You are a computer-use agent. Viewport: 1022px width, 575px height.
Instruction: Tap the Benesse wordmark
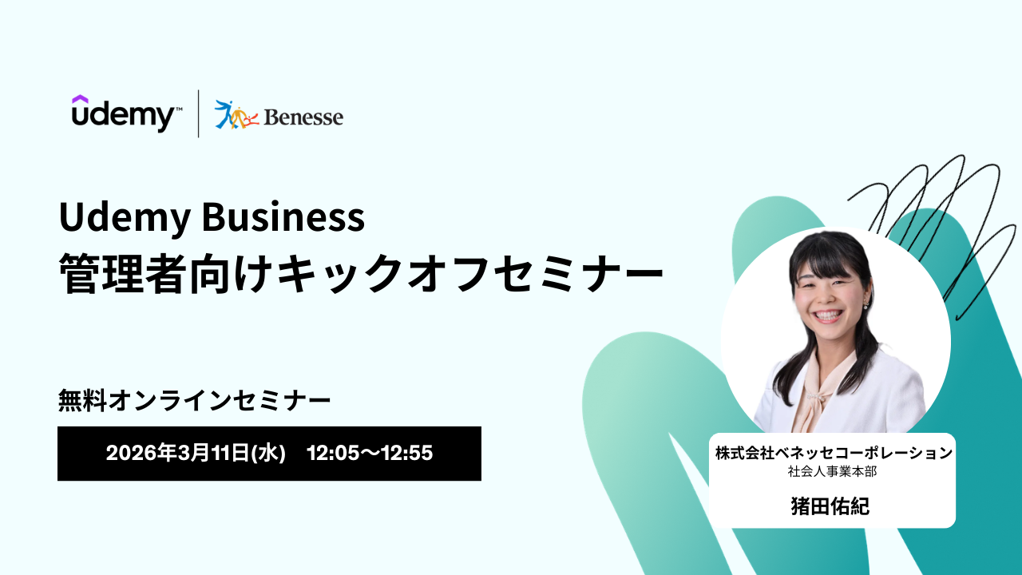pos(303,117)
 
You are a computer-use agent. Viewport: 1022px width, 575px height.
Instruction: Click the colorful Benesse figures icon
pos(236,114)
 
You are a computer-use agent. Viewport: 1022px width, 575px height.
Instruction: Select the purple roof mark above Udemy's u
pos(80,99)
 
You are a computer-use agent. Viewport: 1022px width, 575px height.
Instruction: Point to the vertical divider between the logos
pos(199,113)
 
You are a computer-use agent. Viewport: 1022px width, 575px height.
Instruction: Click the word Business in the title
pos(283,216)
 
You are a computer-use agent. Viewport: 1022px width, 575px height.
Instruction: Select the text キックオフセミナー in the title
pos(470,273)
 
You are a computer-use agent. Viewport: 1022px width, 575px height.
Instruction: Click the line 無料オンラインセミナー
pos(194,400)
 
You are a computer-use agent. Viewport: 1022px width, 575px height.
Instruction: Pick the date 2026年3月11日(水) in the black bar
pos(196,453)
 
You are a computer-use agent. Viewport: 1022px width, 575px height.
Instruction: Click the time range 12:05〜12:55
pos(370,453)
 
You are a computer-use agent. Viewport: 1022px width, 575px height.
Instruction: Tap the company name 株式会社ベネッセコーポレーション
pos(834,453)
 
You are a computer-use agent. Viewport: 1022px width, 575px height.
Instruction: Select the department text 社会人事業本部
pos(832,471)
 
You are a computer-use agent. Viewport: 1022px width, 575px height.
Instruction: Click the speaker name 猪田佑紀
pos(830,506)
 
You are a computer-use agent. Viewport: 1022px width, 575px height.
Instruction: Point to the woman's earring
pos(867,304)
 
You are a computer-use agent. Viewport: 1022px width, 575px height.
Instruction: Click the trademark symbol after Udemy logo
pos(179,109)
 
